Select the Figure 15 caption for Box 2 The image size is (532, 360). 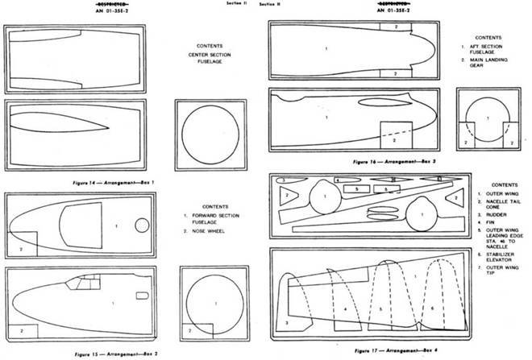113,354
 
